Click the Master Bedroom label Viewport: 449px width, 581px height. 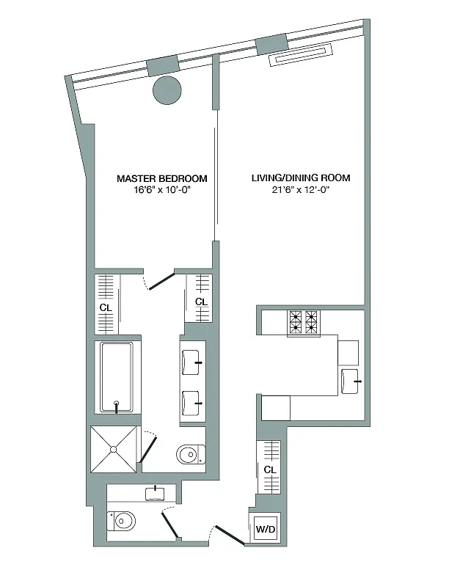point(162,178)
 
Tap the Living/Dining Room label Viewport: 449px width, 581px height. point(301,178)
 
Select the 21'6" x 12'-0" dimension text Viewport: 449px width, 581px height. point(300,190)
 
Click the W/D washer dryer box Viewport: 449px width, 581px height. point(266,529)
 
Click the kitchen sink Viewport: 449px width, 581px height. point(350,381)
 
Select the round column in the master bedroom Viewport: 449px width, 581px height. point(167,91)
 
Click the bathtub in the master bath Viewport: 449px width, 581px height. point(117,377)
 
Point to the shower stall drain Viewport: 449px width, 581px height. point(114,449)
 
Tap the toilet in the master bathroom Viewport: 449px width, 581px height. point(191,454)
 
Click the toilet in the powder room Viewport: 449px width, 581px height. point(121,521)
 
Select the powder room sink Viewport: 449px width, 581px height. point(155,494)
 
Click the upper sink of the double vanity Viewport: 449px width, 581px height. point(191,362)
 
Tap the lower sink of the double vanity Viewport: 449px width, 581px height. point(191,403)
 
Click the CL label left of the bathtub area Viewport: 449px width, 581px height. point(106,308)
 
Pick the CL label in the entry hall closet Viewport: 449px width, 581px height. point(270,469)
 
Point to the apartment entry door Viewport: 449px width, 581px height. point(230,535)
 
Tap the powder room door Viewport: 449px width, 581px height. point(170,525)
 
